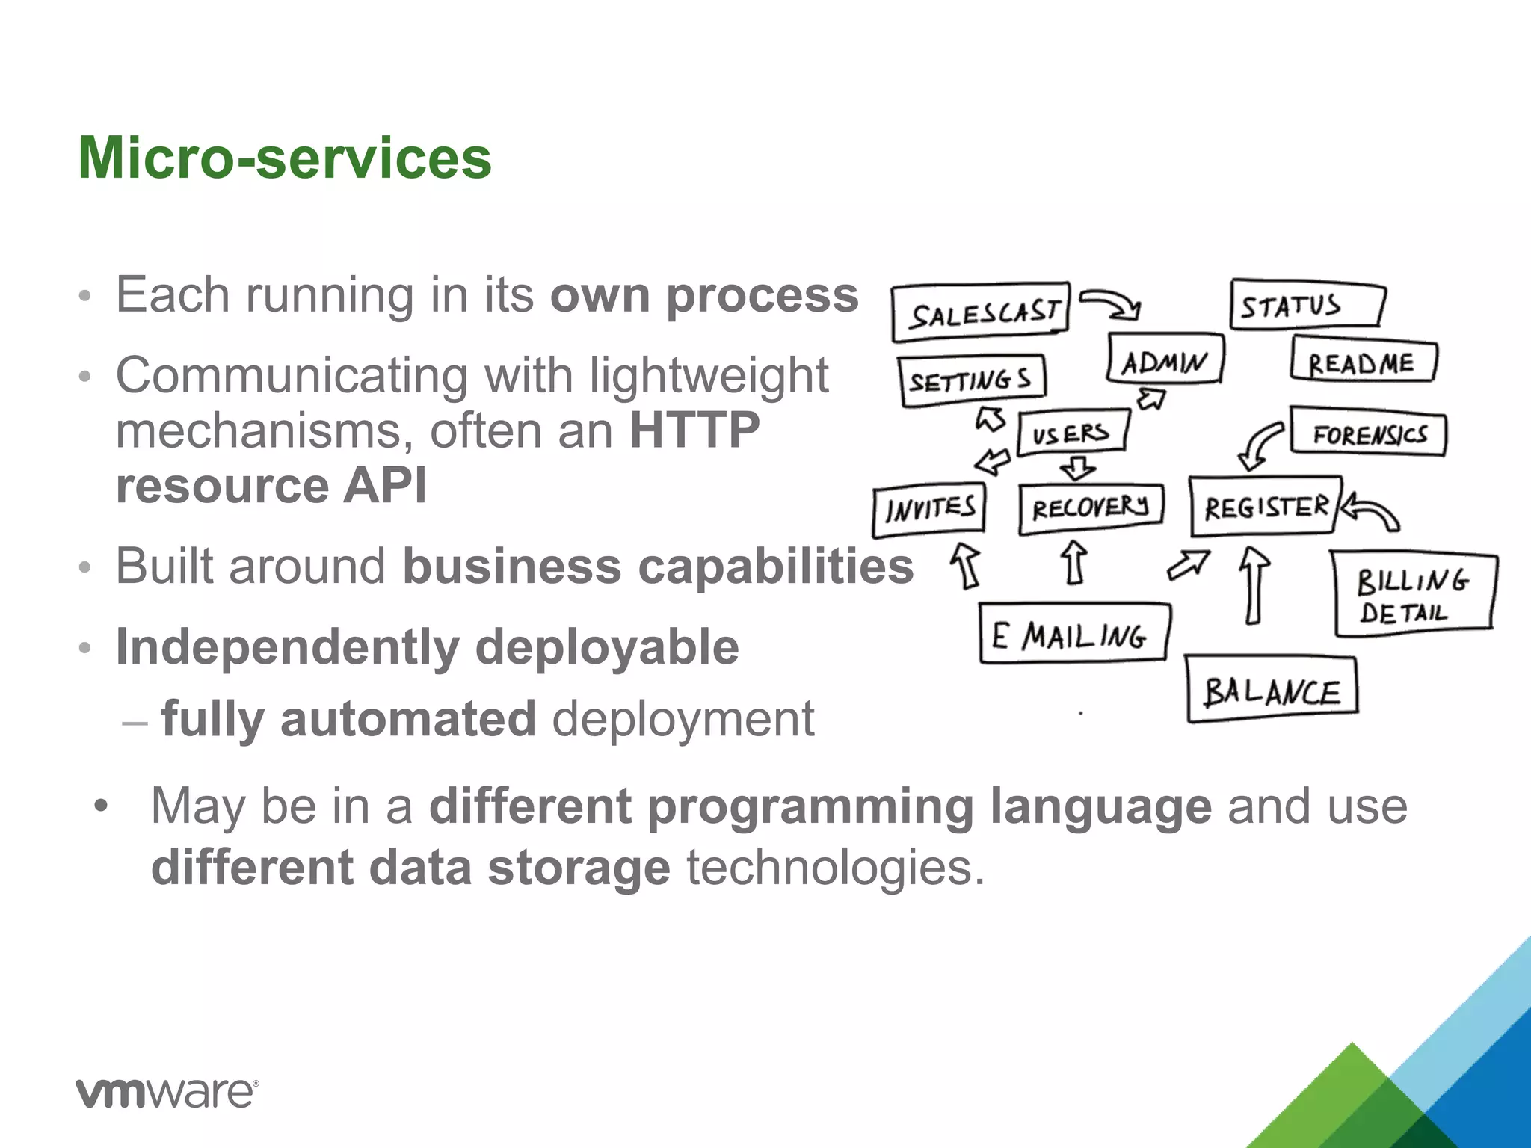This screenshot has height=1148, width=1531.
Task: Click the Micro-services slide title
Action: [285, 158]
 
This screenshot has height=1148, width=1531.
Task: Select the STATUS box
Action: [1306, 305]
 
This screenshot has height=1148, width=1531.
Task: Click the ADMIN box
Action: [1165, 360]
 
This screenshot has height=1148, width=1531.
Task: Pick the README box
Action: [1363, 362]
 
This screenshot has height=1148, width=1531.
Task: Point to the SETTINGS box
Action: [972, 380]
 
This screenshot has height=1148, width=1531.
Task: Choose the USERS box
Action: [1072, 431]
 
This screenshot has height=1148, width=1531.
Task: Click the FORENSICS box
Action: [1369, 433]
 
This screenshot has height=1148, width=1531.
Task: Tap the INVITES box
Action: [929, 510]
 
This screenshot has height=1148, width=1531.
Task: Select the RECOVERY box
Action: [1091, 508]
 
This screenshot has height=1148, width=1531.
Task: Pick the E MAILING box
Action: [1073, 634]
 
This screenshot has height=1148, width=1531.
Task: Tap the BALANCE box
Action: [1272, 690]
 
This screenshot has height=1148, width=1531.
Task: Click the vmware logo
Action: [167, 1093]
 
